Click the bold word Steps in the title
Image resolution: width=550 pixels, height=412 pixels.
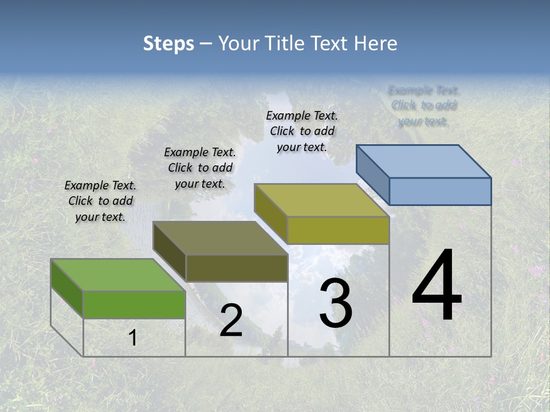168,43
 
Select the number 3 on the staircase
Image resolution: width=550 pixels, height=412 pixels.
336,303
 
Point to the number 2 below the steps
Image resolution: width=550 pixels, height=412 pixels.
231,320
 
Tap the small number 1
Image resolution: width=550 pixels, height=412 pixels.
133,338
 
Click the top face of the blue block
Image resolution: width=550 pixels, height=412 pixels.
424,161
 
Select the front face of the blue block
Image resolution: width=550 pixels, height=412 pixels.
440,191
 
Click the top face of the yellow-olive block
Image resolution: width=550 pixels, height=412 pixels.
322,200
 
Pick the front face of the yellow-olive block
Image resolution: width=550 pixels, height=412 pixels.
338,230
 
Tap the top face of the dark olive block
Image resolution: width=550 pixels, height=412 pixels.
220,238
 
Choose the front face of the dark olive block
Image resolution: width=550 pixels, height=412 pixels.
236,268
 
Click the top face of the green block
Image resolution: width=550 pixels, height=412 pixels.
118,275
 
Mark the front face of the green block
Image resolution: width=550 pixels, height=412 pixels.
134,304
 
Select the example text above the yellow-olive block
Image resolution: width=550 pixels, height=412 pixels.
302,131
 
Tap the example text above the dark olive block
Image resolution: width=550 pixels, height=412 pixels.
200,168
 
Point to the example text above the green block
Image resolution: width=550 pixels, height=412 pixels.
100,201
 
